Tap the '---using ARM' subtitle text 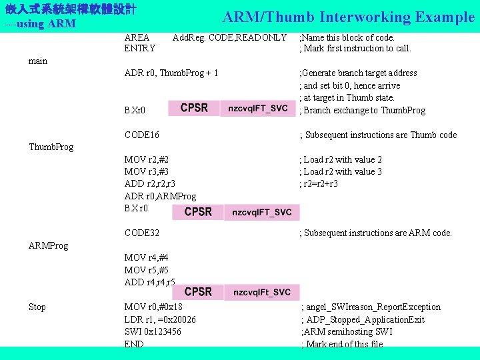[x=40, y=25]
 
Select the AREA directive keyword [x=137, y=37]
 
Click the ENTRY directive [x=140, y=48]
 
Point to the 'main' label [x=38, y=61]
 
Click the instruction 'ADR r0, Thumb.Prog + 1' [x=171, y=73]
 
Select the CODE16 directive [x=142, y=135]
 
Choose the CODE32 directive [x=142, y=233]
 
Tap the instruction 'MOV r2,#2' [x=147, y=159]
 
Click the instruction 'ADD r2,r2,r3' [x=150, y=183]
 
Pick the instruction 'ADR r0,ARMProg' [x=160, y=196]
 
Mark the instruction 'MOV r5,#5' [x=147, y=270]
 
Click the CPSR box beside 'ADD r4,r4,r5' [x=198, y=292]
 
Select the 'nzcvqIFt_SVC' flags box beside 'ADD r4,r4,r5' [x=261, y=292]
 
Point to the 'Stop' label [x=37, y=307]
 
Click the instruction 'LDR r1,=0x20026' [x=160, y=319]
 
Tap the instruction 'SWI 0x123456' [x=153, y=331]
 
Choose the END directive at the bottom [x=134, y=344]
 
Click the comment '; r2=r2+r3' [x=319, y=183]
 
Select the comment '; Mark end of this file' [x=343, y=344]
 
